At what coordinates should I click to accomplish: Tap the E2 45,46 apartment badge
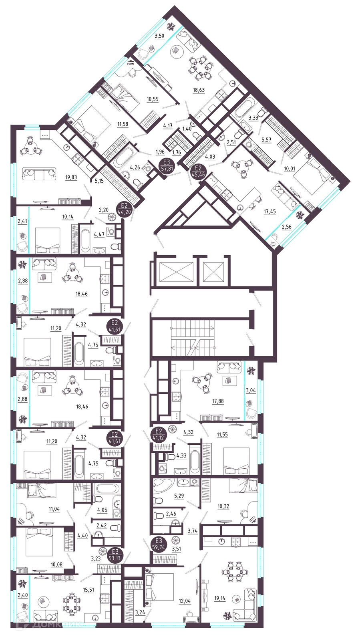198,170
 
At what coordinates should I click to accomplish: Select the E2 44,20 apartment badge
124,209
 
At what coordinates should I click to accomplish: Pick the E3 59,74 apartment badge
159,544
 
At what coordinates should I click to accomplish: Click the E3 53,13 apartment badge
115,555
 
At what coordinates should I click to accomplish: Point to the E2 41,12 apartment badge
159,435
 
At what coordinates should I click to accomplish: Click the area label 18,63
199,90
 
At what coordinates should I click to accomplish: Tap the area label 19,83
71,177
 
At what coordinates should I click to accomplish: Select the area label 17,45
269,212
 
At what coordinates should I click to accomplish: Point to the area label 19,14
219,598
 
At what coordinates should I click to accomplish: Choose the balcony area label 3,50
159,36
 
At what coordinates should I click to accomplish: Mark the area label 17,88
218,401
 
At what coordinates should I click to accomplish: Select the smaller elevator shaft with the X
213,272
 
